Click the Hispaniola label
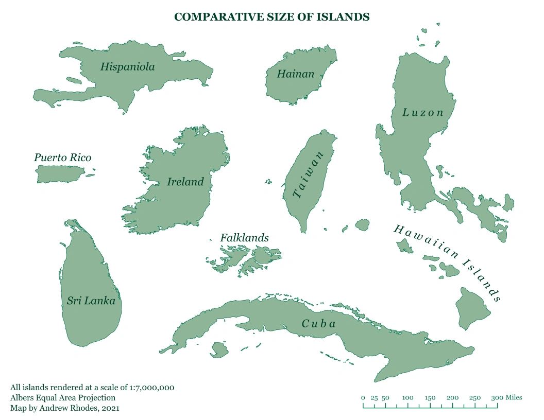point(127,67)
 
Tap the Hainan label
point(295,74)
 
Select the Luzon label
point(423,112)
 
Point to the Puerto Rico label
point(62,157)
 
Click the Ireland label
point(185,182)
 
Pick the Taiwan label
point(309,175)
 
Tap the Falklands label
point(244,238)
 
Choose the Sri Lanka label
point(91,301)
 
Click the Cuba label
point(318,324)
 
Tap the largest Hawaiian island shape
point(473,307)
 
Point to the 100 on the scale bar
point(407,398)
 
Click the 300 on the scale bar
point(497,398)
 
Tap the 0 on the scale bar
point(363,398)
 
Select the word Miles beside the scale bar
point(514,397)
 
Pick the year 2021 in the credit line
point(111,408)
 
